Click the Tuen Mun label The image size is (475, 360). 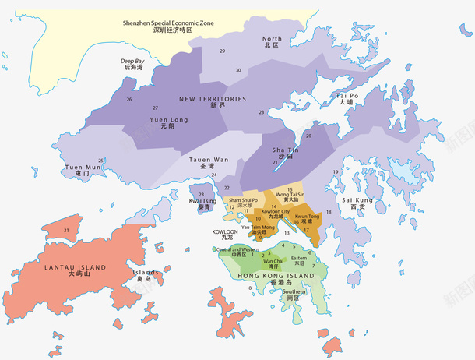point(83,170)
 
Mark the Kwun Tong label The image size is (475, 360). point(307,219)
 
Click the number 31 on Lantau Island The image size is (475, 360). point(67,231)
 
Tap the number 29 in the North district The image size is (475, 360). point(223,51)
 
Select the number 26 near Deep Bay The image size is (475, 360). point(128,99)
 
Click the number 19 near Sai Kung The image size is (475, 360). point(336,171)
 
